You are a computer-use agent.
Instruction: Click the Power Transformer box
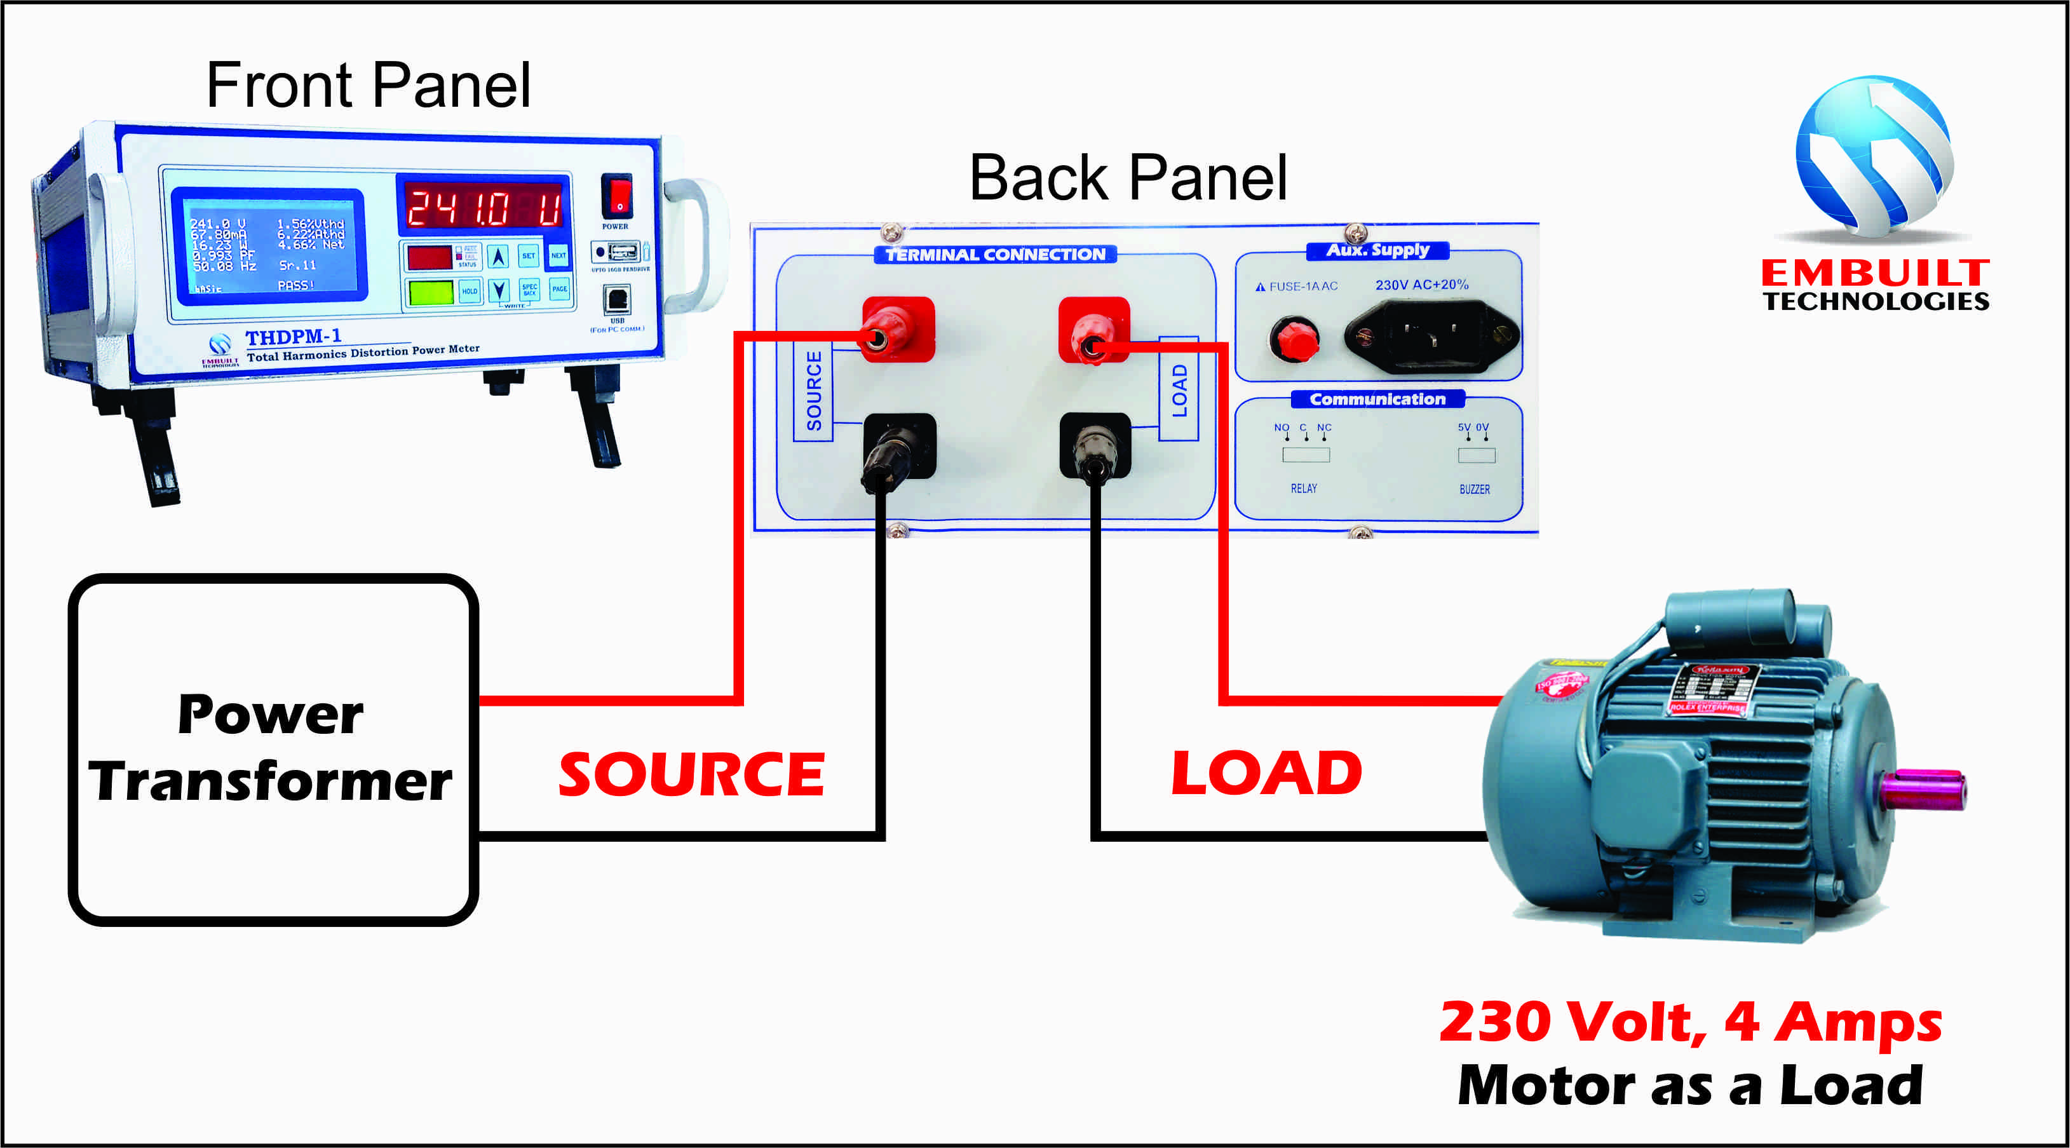coord(271,749)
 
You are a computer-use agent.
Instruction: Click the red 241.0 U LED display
coord(483,206)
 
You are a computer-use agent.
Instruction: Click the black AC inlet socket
coord(1431,336)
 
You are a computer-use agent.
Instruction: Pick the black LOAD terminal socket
coord(1095,446)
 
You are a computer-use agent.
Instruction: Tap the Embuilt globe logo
coord(1874,156)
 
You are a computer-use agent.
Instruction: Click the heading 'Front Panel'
coord(368,85)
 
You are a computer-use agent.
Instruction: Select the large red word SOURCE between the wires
coord(691,774)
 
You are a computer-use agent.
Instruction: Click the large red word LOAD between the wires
coord(1266,773)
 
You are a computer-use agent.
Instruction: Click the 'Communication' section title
coord(1377,399)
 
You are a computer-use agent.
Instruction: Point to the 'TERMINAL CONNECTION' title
coord(995,255)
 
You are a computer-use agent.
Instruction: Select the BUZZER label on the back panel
coord(1474,489)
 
